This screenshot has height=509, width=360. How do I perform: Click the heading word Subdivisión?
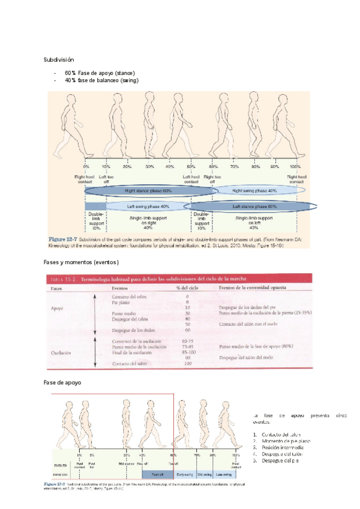tap(58, 60)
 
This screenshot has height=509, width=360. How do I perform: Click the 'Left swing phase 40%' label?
tap(148, 206)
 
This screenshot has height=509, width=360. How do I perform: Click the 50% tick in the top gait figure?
tap(191, 166)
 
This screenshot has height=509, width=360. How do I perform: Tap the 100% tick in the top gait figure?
tap(295, 166)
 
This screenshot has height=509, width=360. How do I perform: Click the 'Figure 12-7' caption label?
tap(64, 241)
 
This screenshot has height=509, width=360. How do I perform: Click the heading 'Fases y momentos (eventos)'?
tap(81, 262)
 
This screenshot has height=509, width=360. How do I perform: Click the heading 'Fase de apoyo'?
tap(62, 382)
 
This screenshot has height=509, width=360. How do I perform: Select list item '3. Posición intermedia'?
tap(282, 448)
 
